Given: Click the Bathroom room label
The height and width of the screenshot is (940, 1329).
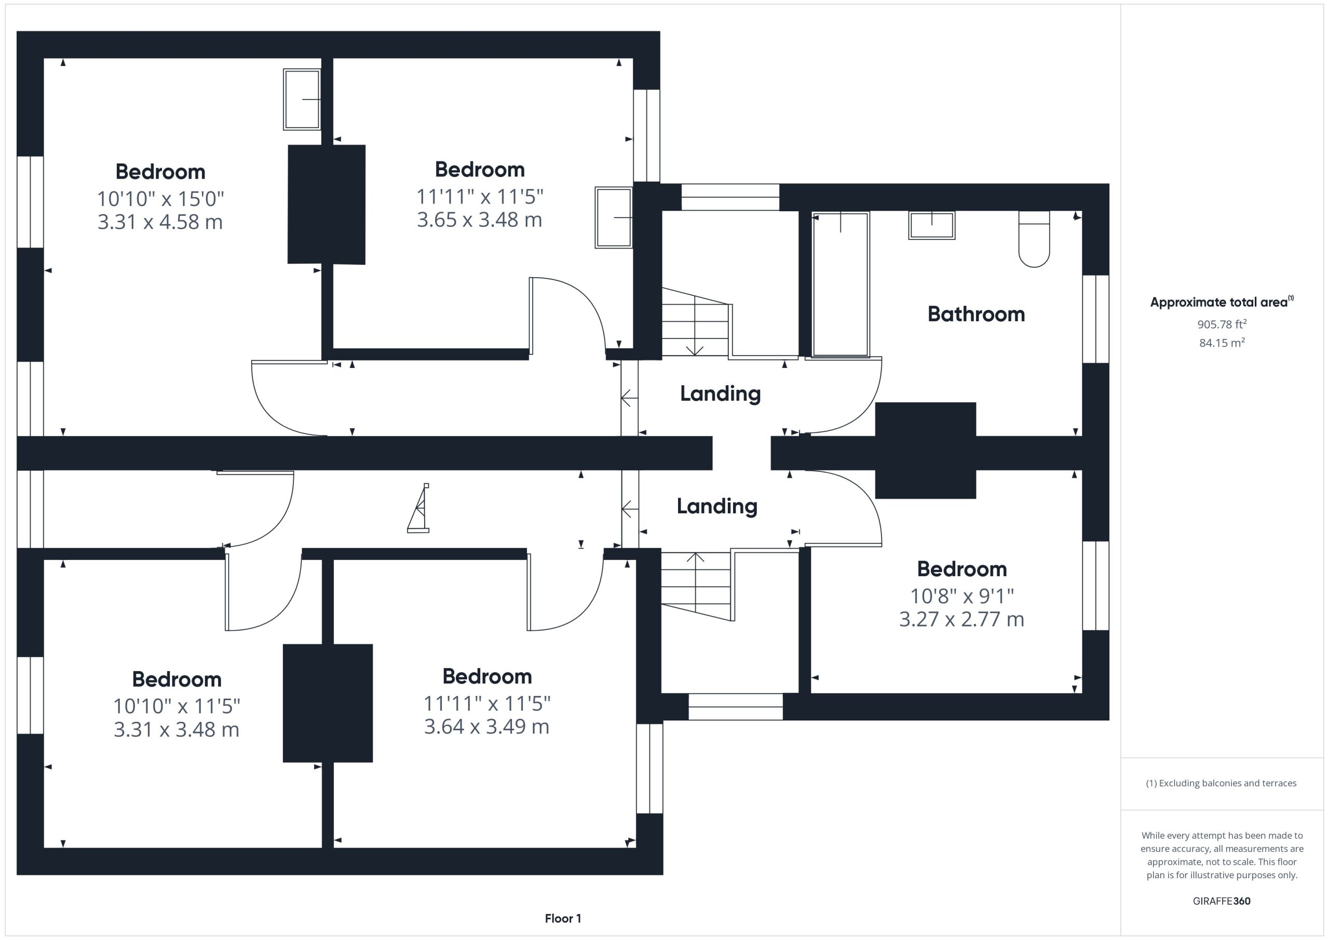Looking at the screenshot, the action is (976, 315).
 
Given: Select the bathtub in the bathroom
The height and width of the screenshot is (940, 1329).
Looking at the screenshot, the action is (840, 284).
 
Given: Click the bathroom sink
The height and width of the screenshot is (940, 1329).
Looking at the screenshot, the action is (931, 226).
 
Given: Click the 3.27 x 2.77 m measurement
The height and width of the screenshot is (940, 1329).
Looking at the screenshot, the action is (961, 619).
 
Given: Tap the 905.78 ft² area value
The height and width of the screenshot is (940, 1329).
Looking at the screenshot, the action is (1222, 324).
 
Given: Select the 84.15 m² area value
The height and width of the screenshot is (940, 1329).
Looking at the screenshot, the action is (1222, 343).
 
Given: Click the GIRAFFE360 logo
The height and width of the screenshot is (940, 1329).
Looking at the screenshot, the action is (1222, 901).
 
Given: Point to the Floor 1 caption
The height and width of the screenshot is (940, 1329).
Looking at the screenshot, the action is (563, 919).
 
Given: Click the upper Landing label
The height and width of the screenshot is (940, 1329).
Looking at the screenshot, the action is (720, 394).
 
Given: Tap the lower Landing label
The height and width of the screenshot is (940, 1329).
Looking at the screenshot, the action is (717, 507).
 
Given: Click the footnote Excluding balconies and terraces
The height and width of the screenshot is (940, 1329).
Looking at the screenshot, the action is (1222, 783).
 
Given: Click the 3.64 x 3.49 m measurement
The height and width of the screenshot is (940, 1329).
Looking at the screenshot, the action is (487, 727).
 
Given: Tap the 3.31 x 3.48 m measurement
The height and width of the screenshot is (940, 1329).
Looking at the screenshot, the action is (177, 730).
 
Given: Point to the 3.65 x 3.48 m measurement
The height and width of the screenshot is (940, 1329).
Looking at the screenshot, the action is (480, 220).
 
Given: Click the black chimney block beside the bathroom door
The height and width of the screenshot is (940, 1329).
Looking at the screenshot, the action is (925, 451).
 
